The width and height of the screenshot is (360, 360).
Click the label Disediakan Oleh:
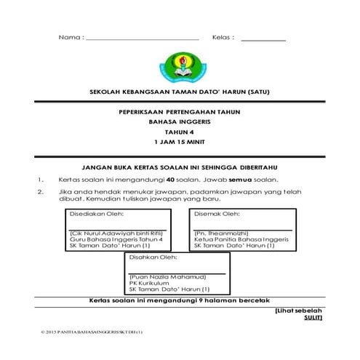(x=96, y=215)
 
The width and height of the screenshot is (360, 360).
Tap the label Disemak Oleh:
(x=217, y=215)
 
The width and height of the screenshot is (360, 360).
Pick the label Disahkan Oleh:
(x=153, y=258)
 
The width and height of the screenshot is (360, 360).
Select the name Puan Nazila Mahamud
(x=166, y=277)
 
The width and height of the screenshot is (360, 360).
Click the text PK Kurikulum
(x=149, y=284)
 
